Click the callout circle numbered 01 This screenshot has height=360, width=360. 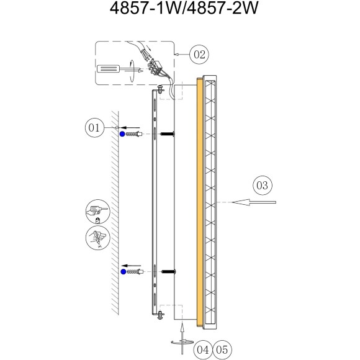tap(94, 127)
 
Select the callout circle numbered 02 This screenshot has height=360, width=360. tap(199, 55)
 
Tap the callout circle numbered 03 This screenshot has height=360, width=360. tap(263, 185)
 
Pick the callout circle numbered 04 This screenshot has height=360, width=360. tap(203, 350)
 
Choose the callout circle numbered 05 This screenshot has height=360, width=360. tap(222, 350)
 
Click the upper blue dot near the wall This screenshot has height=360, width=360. tap(122, 134)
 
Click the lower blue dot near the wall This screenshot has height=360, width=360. tap(124, 272)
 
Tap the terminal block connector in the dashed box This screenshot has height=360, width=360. tap(154, 66)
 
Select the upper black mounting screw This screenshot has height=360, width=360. tap(168, 133)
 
